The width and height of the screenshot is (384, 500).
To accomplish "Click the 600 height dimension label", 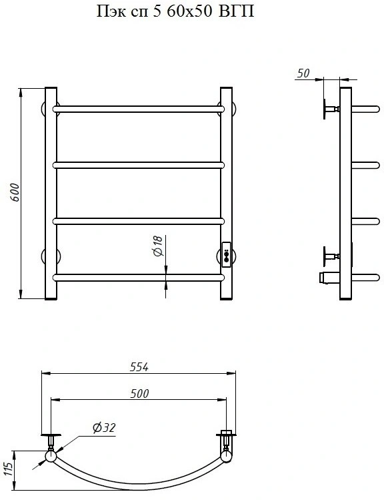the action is pyautogui.click(x=15, y=192).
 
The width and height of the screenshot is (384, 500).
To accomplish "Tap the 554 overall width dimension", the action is pyautogui.click(x=139, y=367).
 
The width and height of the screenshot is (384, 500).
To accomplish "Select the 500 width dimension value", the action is pyautogui.click(x=139, y=393).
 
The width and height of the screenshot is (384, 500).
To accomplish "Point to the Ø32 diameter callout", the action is pyautogui.click(x=104, y=427).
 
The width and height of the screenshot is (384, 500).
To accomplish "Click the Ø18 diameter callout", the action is pyautogui.click(x=158, y=246).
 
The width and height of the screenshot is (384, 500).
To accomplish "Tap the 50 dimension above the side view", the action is pyautogui.click(x=303, y=73).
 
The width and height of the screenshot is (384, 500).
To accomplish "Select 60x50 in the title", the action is pyautogui.click(x=189, y=11).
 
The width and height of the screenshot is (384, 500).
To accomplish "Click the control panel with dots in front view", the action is pyautogui.click(x=226, y=254).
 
